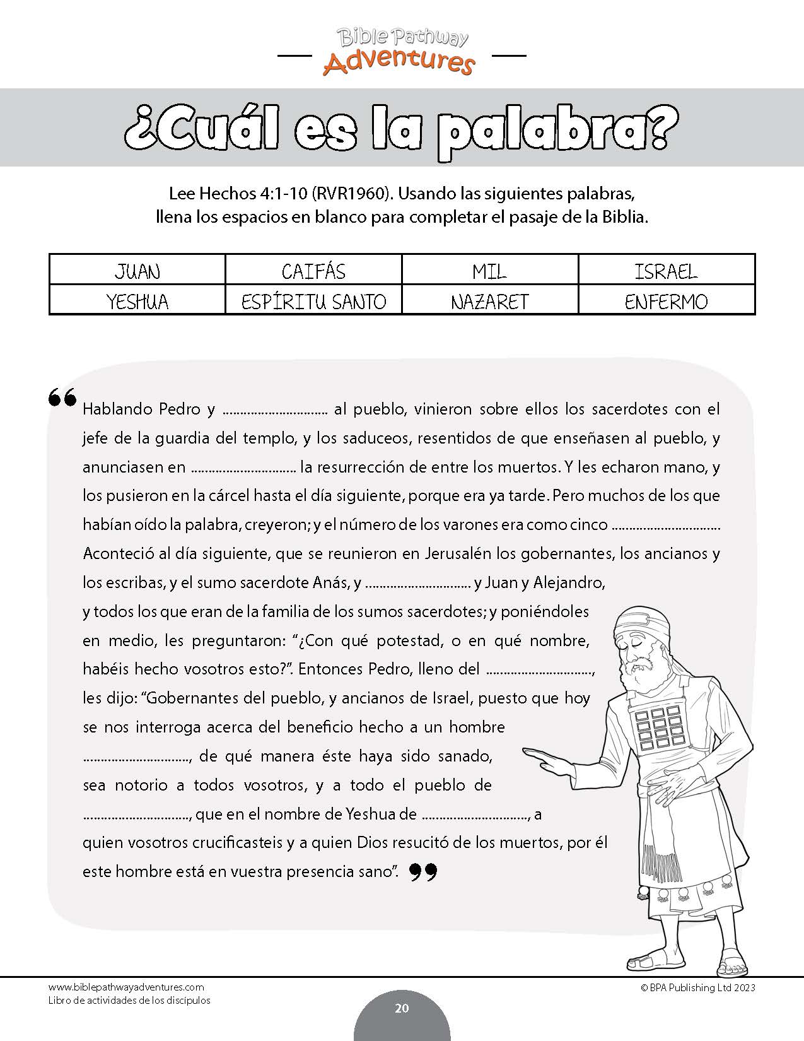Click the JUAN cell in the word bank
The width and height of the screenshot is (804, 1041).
click(x=137, y=271)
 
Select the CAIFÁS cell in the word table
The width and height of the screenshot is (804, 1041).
click(x=313, y=271)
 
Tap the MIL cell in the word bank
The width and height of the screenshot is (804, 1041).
click(x=489, y=271)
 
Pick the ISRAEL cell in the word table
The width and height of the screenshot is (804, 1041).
click(x=666, y=271)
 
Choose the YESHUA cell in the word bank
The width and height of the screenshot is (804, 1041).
click(x=137, y=301)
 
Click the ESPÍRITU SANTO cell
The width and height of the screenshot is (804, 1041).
click(x=313, y=301)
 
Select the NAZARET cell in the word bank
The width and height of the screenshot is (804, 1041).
click(x=489, y=301)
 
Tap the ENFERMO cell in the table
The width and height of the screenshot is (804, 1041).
click(x=666, y=301)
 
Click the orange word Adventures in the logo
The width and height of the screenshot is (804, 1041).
click(x=399, y=63)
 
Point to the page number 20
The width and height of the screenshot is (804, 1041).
click(x=402, y=1008)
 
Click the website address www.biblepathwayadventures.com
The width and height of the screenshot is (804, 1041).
click(x=126, y=987)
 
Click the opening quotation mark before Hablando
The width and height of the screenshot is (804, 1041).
click(x=62, y=397)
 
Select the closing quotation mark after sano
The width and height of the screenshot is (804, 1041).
click(x=423, y=872)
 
